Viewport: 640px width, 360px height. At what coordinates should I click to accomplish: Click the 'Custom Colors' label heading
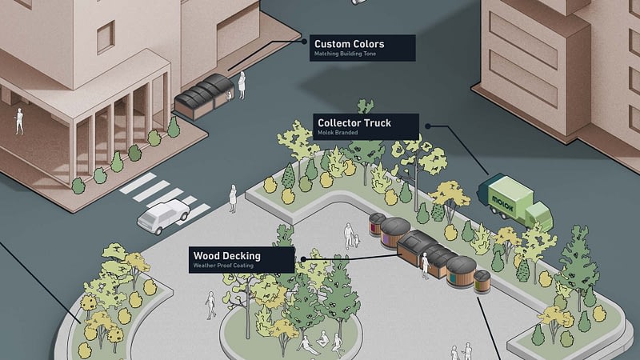pos(349,44)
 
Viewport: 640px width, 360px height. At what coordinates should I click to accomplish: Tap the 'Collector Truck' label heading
pos(354,123)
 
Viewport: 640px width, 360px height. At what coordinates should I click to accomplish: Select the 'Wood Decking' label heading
pos(227,256)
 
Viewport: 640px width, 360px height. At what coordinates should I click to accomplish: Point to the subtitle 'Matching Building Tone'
pos(345,54)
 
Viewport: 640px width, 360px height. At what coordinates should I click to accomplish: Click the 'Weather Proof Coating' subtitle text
pos(223,266)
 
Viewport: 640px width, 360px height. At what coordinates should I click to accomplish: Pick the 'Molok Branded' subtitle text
pos(338,133)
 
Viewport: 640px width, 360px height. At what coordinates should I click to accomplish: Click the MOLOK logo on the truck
pos(502,203)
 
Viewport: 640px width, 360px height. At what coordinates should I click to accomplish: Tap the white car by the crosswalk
pos(163,216)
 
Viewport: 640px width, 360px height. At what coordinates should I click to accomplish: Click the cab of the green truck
pos(539,216)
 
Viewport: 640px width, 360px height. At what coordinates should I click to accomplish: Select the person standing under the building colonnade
pos(18,122)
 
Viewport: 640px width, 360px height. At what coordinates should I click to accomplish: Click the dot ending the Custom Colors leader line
pos(304,42)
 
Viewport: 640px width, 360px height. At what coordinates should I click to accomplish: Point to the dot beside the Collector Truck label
pos(428,126)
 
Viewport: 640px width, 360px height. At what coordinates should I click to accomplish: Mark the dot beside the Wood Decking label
pos(303,259)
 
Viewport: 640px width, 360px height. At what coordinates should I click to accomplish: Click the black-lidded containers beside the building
pos(204,97)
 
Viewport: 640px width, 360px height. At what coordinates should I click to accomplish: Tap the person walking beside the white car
pos(233,198)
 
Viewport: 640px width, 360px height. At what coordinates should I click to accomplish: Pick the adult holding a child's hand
pos(348,236)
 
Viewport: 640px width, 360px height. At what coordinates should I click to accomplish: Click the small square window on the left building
pos(106,37)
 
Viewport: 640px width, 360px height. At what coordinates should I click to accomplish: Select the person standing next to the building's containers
pos(242,86)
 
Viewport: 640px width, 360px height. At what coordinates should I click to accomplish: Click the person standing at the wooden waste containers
pos(426,266)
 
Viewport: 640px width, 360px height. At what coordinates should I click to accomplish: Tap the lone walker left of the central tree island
pos(210,306)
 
